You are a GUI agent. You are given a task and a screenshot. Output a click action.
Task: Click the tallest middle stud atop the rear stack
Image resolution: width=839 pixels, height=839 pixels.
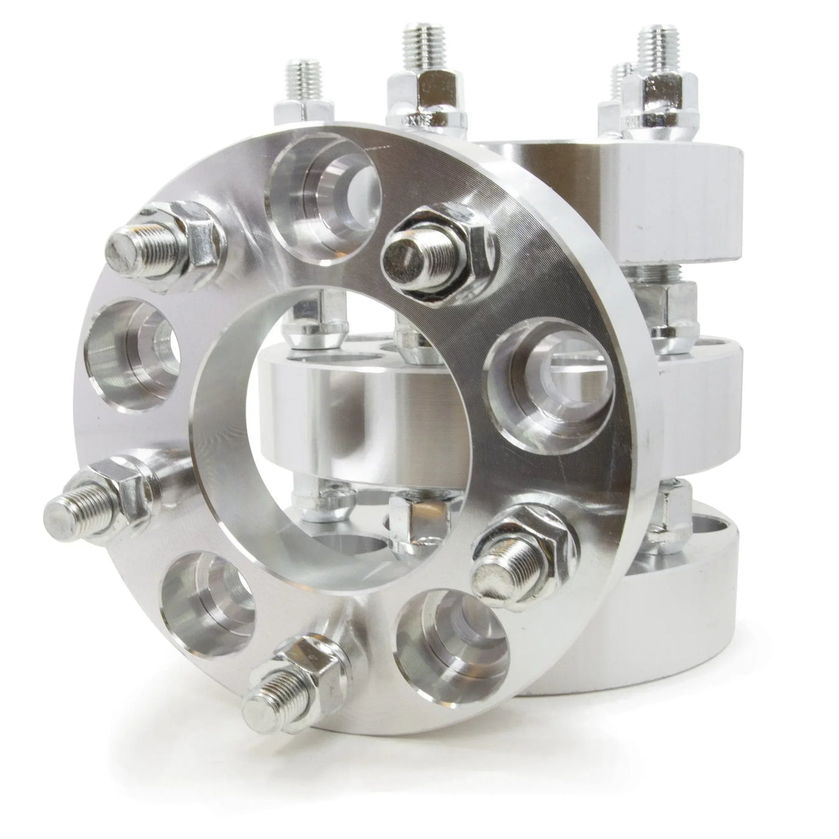click(419, 56)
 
